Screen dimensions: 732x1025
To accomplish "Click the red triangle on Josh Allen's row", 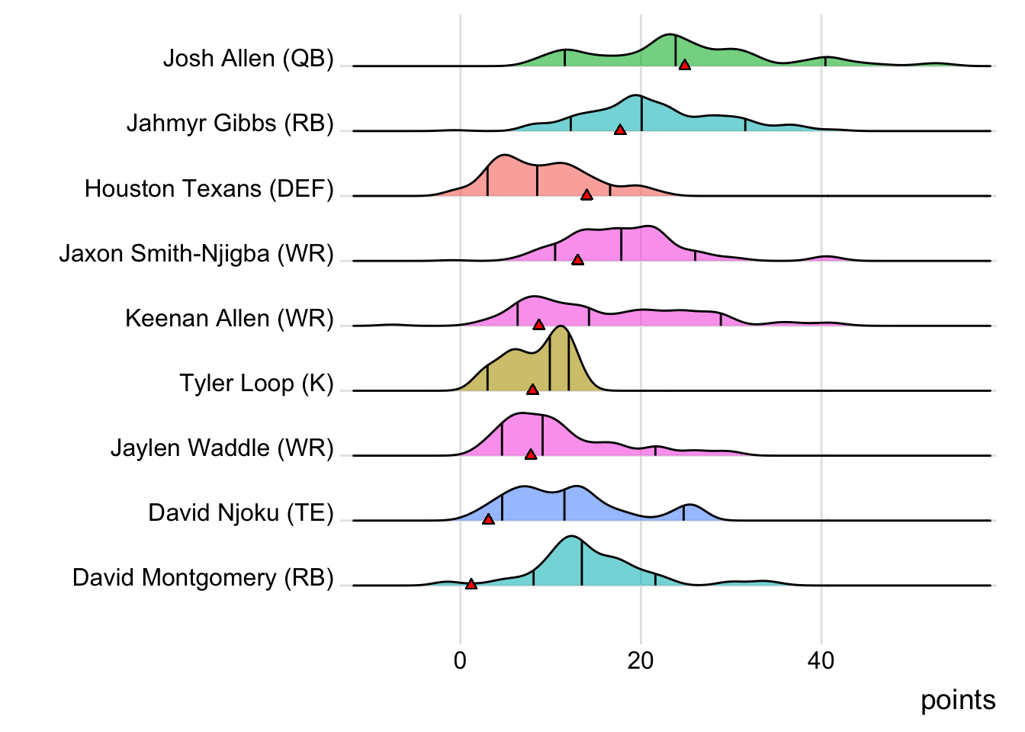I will tap(685, 66).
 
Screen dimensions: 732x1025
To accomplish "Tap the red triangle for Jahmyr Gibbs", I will tap(620, 130).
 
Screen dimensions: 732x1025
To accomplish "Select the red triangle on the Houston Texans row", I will tap(586, 195).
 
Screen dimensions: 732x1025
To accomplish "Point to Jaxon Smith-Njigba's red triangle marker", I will tap(577, 260).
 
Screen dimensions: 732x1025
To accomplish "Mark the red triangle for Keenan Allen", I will tap(538, 325).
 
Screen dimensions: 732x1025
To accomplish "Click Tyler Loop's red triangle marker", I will tap(532, 390).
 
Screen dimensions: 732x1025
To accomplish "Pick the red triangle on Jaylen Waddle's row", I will tap(531, 454).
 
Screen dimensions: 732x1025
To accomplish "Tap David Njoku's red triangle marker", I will tap(488, 519).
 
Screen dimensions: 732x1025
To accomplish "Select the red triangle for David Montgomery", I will tap(471, 584).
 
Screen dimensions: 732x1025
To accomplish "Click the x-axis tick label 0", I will tap(460, 660).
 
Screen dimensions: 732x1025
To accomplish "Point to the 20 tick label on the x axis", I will tap(641, 660).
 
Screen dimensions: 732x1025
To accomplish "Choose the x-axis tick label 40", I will tap(821, 660).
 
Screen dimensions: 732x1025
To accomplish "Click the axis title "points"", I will tap(958, 700).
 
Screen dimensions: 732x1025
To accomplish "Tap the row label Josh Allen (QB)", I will tap(249, 59).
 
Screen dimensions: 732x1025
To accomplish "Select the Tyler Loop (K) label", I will tap(256, 383).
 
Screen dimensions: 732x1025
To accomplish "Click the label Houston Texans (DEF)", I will tap(209, 188).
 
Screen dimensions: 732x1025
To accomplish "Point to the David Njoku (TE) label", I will tap(241, 512).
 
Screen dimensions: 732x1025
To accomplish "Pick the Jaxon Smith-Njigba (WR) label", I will tap(197, 253).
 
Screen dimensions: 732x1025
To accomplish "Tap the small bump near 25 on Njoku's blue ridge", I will tap(689, 506).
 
